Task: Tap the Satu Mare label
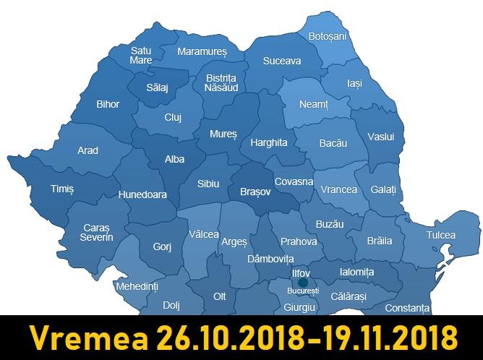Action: tap(141, 56)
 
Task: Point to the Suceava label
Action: tap(282, 61)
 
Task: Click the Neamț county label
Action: tap(314, 105)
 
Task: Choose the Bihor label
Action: tap(108, 104)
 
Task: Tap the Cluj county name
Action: tap(173, 117)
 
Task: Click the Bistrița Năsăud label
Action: tap(221, 82)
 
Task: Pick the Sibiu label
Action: tap(208, 184)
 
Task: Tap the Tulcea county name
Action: tap(441, 235)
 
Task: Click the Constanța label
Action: tap(407, 308)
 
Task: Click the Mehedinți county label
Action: tap(137, 287)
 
